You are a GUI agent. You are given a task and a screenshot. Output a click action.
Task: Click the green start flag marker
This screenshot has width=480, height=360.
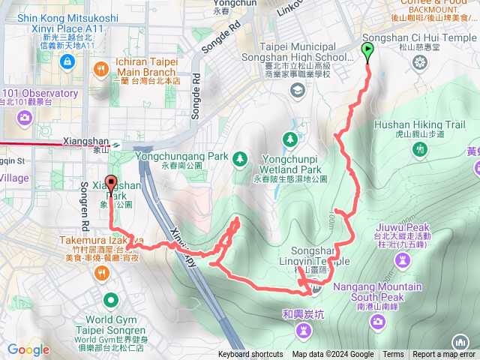(367, 50)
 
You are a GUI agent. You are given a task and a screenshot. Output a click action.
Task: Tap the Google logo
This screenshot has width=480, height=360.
(28, 349)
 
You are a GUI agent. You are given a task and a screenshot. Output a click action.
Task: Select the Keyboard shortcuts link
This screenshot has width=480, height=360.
(250, 355)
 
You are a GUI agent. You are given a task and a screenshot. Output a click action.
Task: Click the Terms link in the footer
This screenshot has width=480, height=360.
(393, 355)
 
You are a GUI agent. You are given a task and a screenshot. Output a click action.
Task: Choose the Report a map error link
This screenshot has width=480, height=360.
(444, 355)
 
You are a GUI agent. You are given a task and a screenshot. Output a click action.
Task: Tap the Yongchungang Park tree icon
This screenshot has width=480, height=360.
(240, 157)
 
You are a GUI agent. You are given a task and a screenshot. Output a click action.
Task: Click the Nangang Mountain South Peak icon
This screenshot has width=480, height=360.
(377, 321)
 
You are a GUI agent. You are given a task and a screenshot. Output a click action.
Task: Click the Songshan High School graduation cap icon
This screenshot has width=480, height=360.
(298, 91)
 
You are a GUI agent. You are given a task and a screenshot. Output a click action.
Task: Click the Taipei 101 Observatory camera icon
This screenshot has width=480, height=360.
(25, 117)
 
